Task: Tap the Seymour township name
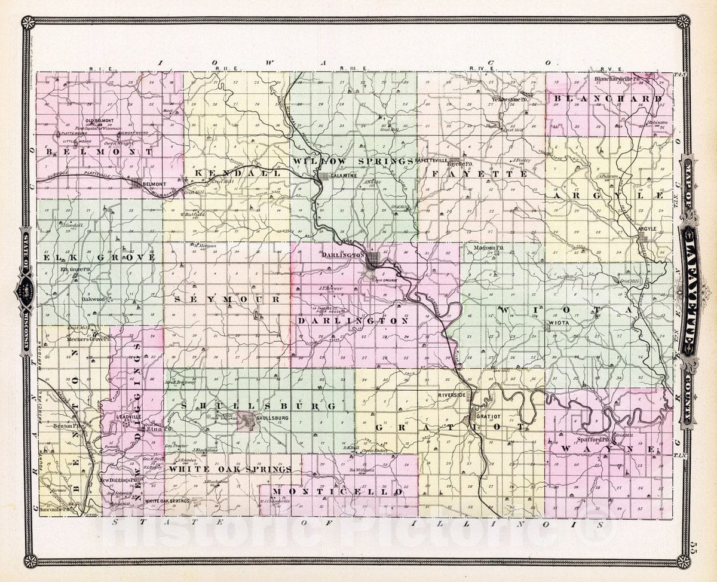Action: tap(228, 298)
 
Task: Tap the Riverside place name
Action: tap(451, 396)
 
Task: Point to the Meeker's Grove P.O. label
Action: tap(90, 339)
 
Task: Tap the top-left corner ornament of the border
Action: tap(27, 23)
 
